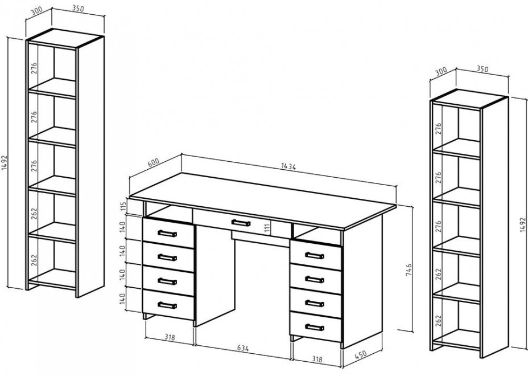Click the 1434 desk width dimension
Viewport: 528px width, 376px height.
(x=288, y=166)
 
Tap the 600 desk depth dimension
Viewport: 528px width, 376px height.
(x=154, y=162)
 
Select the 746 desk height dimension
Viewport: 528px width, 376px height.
(x=409, y=270)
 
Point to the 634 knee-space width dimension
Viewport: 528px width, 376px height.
(x=243, y=348)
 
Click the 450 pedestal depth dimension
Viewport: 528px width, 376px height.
(x=360, y=354)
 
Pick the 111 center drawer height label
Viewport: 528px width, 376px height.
(x=267, y=228)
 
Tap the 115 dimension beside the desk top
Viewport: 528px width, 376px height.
(x=123, y=206)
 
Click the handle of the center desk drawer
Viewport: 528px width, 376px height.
(x=241, y=223)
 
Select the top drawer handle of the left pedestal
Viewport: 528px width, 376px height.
(x=167, y=234)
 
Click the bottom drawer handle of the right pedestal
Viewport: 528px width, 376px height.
(x=315, y=327)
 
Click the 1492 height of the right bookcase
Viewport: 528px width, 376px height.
(x=522, y=224)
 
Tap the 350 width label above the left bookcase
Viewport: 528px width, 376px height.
(x=78, y=9)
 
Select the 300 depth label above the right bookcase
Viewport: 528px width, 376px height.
(x=441, y=72)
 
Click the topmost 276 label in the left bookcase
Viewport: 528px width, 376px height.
(x=34, y=68)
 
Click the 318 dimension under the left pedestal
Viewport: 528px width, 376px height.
(x=170, y=337)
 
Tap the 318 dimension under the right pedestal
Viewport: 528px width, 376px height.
(x=317, y=359)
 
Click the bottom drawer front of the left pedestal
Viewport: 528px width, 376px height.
(x=168, y=305)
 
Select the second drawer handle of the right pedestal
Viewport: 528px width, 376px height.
(x=315, y=280)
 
